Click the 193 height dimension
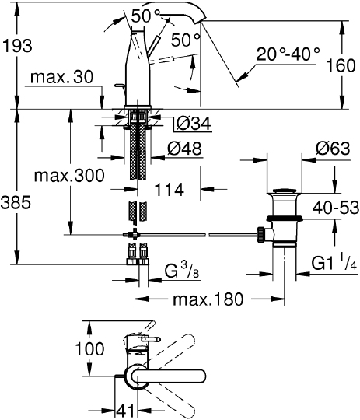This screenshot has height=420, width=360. tap(17, 46)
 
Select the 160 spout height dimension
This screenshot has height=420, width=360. tap(341, 65)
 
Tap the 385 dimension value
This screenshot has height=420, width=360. tap(16, 202)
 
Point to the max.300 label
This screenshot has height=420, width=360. tap(69, 176)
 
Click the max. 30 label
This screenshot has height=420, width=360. tap(61, 77)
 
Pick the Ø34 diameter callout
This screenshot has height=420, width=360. tap(194, 124)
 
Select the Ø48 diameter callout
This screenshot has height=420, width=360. tap(184, 148)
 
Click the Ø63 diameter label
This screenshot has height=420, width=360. tap(333, 148)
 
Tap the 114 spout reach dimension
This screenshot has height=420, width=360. tap(170, 189)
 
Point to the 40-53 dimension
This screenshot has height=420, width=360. tap(336, 208)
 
